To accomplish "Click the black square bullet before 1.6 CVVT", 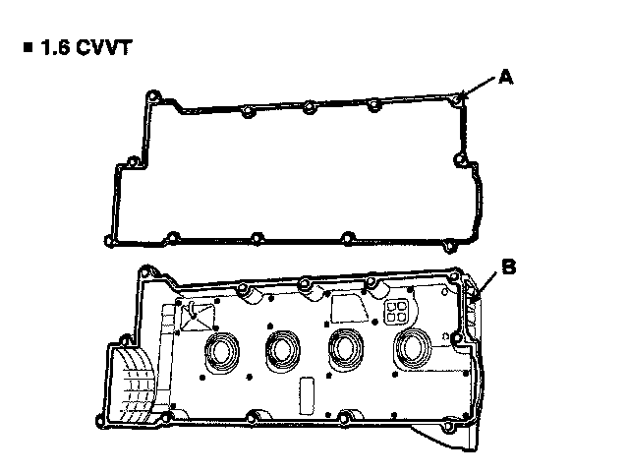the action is coord(26,47).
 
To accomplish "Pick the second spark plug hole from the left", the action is coord(286,346).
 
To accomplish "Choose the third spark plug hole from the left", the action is coord(347,346).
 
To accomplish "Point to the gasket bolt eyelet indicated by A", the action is coord(459,97).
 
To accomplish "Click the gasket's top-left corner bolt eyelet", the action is coord(151,96).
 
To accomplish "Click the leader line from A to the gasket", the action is coord(481,88).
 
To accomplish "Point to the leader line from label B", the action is coord(488,278).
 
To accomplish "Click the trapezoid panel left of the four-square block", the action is coord(349,307).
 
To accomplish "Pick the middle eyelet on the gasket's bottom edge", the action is coord(255,237).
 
